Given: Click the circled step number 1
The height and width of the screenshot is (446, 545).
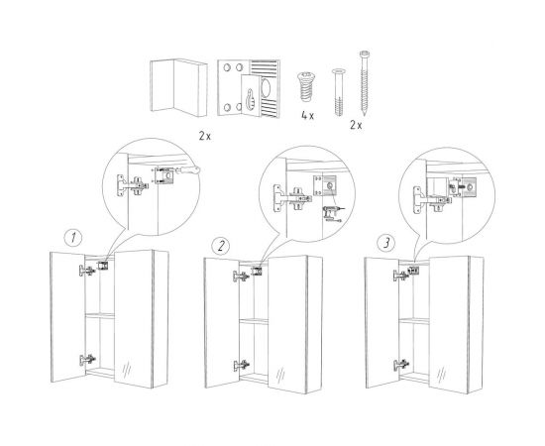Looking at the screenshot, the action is click(73, 238).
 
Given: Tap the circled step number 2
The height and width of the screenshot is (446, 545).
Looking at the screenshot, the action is click(221, 246).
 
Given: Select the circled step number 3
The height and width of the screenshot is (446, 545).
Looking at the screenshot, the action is click(386, 243).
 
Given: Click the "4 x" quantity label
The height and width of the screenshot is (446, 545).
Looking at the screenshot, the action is click(307, 116).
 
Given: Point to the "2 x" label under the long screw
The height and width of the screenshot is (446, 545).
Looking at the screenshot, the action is click(356, 125).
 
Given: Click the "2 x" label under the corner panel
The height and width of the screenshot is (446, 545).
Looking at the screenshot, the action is click(205, 136).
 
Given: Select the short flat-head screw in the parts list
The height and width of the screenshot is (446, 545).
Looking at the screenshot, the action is click(306, 86).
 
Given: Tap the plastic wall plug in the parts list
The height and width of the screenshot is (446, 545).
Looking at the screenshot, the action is click(338, 92).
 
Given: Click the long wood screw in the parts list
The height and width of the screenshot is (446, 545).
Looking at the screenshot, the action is click(365, 83).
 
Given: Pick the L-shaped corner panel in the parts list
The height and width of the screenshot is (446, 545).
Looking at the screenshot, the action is click(178, 87).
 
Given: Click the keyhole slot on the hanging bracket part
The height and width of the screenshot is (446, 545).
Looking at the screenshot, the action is click(250, 99).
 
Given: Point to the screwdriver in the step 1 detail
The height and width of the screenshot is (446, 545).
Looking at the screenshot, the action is click(186, 170).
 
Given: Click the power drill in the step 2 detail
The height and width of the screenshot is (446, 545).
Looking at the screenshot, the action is click(331, 212).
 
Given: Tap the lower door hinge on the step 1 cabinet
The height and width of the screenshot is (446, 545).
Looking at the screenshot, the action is click(87, 360).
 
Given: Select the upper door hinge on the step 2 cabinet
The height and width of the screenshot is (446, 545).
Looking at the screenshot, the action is click(241, 277).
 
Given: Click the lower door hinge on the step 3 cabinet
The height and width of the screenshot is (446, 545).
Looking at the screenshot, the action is click(401, 365).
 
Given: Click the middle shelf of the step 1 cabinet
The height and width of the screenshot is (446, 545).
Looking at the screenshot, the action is click(100, 315).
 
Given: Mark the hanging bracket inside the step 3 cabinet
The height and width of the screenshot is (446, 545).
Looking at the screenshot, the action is click(413, 271).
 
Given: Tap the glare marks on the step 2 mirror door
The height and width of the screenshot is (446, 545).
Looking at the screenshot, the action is click(280, 375).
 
